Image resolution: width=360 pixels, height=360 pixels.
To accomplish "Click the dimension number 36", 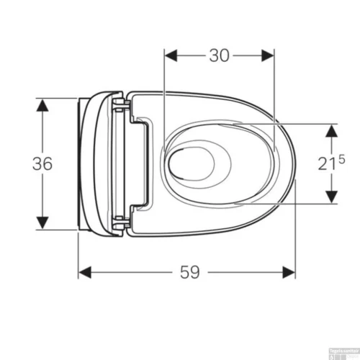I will (x=42, y=163).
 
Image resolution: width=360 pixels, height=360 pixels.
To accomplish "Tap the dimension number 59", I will (x=188, y=272).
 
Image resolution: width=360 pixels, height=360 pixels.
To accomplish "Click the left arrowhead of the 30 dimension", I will (x=171, y=55).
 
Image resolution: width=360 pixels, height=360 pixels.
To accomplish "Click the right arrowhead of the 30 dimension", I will (x=268, y=55).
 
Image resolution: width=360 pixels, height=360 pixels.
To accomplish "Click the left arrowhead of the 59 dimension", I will (x=85, y=271).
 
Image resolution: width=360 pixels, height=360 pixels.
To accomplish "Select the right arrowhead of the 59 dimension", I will (x=289, y=271).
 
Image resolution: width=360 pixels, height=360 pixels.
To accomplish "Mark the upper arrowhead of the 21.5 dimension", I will (x=331, y=131).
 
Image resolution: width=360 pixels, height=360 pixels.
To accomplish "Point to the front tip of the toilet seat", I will (x=294, y=162).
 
